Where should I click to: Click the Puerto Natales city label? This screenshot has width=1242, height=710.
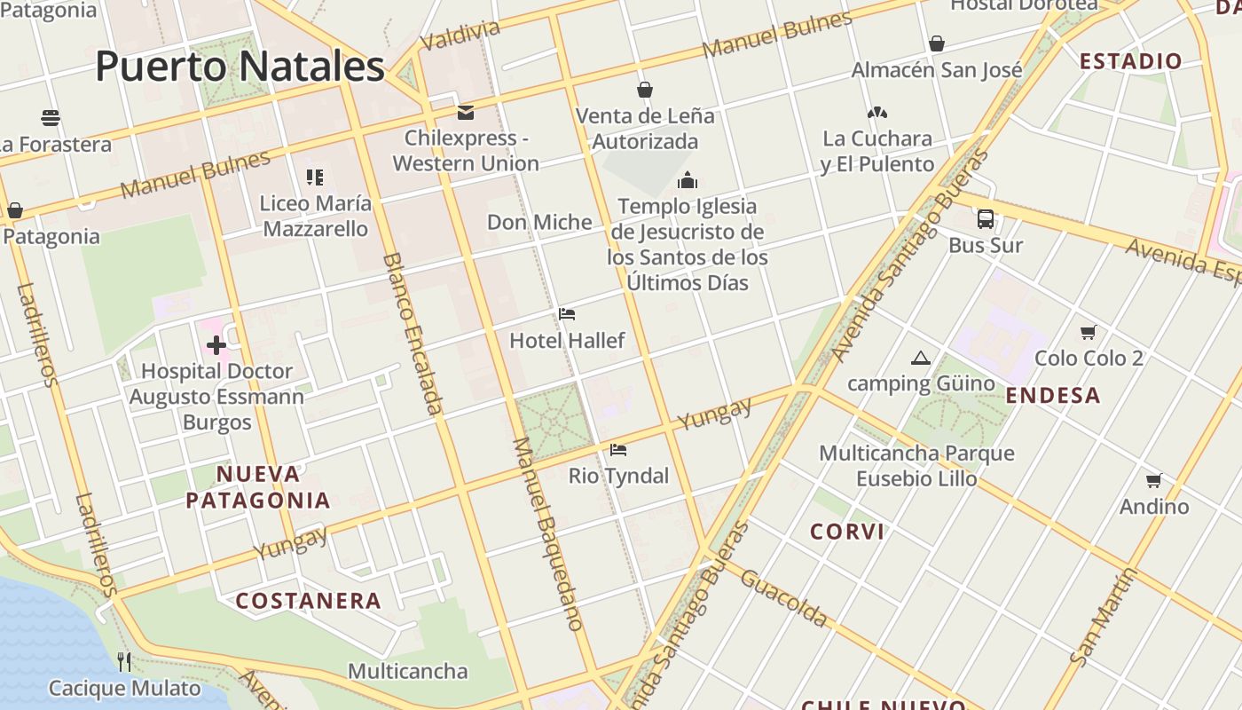[240, 67]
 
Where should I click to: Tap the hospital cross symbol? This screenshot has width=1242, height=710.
[216, 345]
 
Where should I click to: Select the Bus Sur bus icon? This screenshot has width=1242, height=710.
[985, 219]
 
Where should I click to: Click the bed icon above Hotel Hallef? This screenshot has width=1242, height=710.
[567, 314]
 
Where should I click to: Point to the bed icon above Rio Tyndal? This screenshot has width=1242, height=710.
[618, 450]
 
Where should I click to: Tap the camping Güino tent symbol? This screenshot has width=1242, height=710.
[920, 359]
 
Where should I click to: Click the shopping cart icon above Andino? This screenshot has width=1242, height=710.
[1153, 481]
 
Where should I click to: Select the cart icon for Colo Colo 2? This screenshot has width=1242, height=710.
[1089, 333]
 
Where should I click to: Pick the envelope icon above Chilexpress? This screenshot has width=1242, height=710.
[465, 113]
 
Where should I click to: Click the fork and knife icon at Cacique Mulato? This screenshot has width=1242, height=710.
[124, 661]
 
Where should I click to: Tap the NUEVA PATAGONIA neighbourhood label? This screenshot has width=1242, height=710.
[258, 486]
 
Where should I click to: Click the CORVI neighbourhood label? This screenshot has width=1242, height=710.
[847, 532]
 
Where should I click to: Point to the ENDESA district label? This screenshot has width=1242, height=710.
[1053, 395]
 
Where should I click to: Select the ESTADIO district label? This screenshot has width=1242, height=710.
[1130, 61]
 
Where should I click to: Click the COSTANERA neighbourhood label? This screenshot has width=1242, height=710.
[309, 601]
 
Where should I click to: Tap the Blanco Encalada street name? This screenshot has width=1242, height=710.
[413, 334]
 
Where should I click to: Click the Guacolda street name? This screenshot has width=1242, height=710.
[783, 598]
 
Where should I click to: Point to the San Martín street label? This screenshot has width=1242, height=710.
[1103, 618]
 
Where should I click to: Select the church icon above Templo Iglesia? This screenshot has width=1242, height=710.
[687, 181]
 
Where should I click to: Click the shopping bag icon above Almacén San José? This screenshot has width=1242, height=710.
[936, 43]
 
